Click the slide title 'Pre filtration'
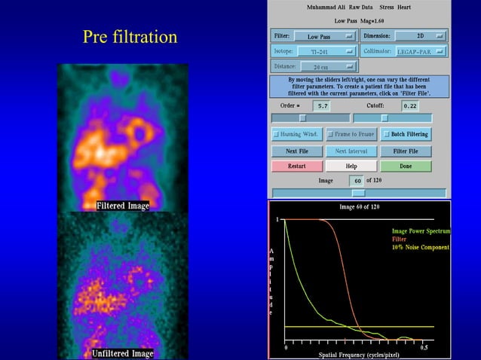pos(130,37)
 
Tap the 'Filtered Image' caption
pos(123,206)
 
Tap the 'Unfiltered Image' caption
pos(123,353)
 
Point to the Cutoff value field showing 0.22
pos(410,106)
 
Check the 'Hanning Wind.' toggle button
pos(297,134)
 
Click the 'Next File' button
pos(297,151)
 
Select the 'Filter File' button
pos(405,151)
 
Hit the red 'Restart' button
pos(297,166)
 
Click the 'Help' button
pos(351,166)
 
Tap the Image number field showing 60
pos(356,181)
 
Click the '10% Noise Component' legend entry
pos(420,247)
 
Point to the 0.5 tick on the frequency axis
pos(424,347)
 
